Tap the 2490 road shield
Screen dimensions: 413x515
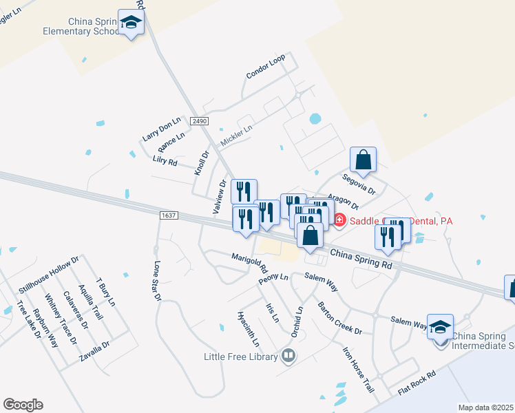pos(200,121)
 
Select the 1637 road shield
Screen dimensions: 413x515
pos(168,215)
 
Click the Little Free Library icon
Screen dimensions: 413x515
pos(288,356)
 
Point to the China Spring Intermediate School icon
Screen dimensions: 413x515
pos(440,327)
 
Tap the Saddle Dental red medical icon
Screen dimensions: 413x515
pos(339,220)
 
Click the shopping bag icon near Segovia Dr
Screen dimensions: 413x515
pos(363,160)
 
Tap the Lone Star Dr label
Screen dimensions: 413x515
pos(157,281)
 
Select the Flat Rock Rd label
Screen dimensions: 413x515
pos(417,383)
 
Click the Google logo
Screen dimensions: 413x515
pos(23,405)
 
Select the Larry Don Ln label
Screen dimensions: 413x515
pos(160,129)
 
